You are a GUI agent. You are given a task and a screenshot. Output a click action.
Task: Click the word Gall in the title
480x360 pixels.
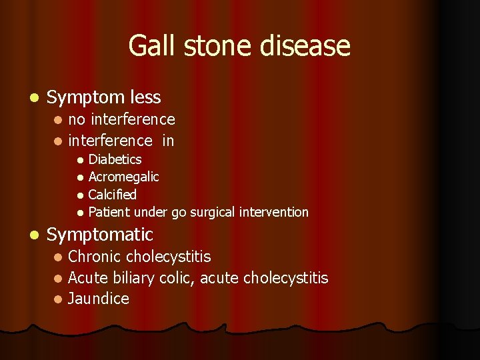click(150, 46)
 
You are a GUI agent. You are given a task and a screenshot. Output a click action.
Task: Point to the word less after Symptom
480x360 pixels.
click(146, 97)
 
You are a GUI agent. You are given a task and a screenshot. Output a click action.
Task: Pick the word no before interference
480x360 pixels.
click(77, 119)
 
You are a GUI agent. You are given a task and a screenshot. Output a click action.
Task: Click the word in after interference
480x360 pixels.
click(168, 141)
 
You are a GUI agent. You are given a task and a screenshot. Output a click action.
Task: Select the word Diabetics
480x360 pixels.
click(115, 159)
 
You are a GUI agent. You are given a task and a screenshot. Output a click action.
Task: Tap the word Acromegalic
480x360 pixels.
click(123, 177)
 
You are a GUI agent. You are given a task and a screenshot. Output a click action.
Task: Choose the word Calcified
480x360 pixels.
click(112, 195)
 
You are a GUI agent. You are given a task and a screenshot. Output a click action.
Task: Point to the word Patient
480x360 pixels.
click(109, 212)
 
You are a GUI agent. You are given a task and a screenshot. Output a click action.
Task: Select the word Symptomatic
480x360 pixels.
click(100, 235)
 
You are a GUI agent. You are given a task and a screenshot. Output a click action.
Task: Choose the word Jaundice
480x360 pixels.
click(99, 299)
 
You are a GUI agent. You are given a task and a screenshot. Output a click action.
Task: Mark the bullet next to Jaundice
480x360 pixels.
click(58, 299)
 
